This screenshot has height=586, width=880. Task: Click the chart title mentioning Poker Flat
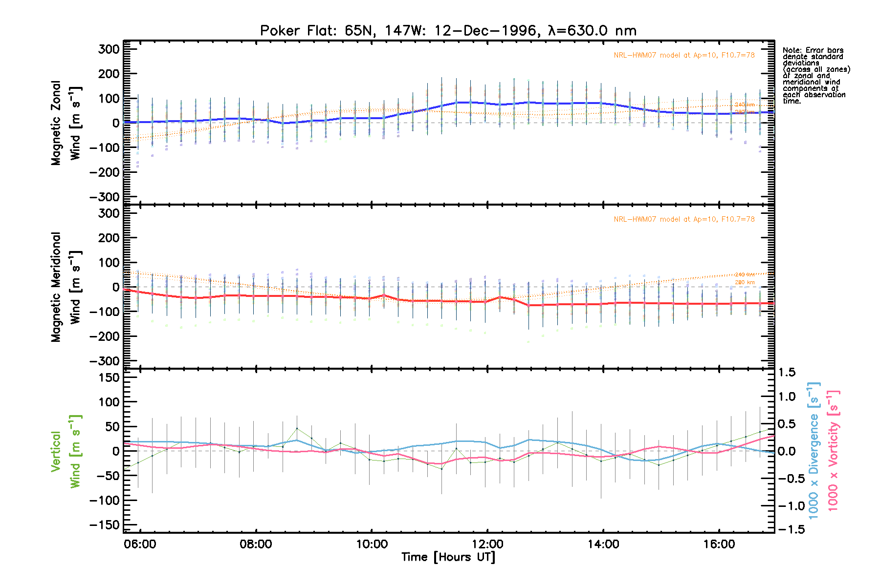point(448,31)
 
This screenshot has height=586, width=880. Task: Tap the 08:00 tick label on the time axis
point(256,544)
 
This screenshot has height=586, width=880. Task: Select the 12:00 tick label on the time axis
point(487,544)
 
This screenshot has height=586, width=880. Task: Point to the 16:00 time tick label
point(719,544)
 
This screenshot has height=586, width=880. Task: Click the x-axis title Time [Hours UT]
point(448,557)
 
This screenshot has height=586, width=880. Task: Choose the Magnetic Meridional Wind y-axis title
point(66,287)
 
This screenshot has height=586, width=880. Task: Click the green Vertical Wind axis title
point(66,451)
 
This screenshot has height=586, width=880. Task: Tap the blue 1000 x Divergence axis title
point(814,450)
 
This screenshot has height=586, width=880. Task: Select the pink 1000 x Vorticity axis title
point(834,450)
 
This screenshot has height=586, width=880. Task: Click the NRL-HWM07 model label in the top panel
point(684,55)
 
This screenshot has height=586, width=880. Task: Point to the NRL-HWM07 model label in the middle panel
point(684,219)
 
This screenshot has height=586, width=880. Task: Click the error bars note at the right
point(816,76)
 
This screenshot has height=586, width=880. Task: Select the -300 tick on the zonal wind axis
point(105,197)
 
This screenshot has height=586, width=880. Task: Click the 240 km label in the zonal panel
point(745,105)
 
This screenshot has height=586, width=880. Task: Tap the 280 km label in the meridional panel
point(745,282)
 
